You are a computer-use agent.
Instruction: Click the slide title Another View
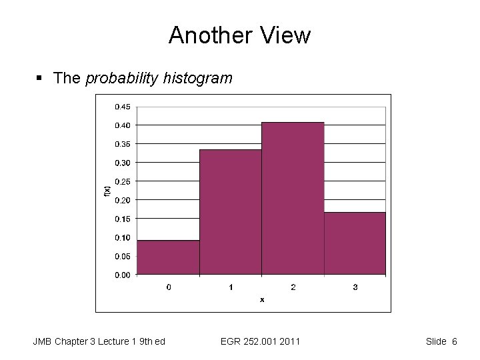point(239,35)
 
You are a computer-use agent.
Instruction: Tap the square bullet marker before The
point(39,79)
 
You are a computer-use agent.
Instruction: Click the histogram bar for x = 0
point(168,257)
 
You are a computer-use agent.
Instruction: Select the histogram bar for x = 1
point(230,212)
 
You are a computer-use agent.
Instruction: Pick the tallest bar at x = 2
point(293,199)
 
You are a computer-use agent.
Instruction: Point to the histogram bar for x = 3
point(355,243)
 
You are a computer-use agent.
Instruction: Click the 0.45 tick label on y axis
point(122,107)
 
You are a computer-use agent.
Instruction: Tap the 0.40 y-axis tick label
point(122,125)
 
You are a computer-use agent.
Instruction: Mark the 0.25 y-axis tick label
point(122,181)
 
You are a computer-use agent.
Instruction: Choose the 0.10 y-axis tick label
point(122,237)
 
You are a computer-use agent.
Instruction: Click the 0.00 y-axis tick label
point(122,275)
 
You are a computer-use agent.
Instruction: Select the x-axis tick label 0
point(168,287)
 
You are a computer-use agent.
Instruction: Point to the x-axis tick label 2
point(293,287)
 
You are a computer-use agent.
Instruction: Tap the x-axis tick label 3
point(355,287)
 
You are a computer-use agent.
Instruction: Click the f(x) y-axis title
point(107,190)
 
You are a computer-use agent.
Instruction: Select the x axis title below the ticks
point(261,300)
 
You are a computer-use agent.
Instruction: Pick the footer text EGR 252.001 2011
point(260,342)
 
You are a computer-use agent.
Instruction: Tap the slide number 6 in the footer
point(454,342)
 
